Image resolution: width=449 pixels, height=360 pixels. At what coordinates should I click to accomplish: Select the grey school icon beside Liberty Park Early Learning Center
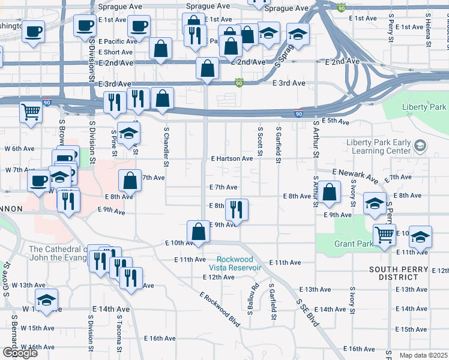420,145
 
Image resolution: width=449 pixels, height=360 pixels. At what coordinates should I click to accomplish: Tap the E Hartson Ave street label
231,158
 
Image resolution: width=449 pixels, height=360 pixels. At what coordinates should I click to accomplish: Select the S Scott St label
261,142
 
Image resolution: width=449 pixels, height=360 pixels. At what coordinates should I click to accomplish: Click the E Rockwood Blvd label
220,310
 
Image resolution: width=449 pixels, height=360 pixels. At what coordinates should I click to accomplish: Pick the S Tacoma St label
119,335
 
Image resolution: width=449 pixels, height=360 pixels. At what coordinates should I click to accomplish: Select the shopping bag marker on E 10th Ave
198,232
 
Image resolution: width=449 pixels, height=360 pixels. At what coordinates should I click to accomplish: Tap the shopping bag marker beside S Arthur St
330,192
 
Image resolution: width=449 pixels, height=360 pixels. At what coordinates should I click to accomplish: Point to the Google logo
20,353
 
